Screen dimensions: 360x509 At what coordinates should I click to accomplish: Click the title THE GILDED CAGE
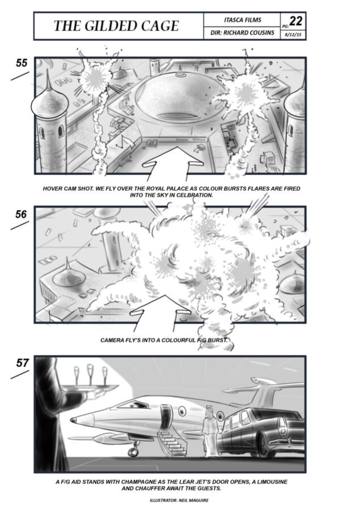pyautogui.click(x=116, y=26)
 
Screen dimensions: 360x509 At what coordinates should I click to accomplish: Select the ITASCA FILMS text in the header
pyautogui.click(x=242, y=20)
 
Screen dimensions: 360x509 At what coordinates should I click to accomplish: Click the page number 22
pyautogui.click(x=296, y=21)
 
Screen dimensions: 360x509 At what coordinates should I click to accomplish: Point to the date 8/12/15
pyautogui.click(x=293, y=34)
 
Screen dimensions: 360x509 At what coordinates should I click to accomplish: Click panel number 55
pyautogui.click(x=22, y=63)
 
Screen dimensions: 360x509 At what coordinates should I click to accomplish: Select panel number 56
pyautogui.click(x=21, y=214)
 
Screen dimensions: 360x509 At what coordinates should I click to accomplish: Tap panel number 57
pyautogui.click(x=23, y=363)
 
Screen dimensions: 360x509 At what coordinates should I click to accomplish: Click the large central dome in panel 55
pyautogui.click(x=178, y=97)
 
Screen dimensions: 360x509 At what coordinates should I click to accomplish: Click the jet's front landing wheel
pyautogui.click(x=133, y=452)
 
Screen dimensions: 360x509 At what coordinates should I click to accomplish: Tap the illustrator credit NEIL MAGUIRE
pyautogui.click(x=194, y=501)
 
